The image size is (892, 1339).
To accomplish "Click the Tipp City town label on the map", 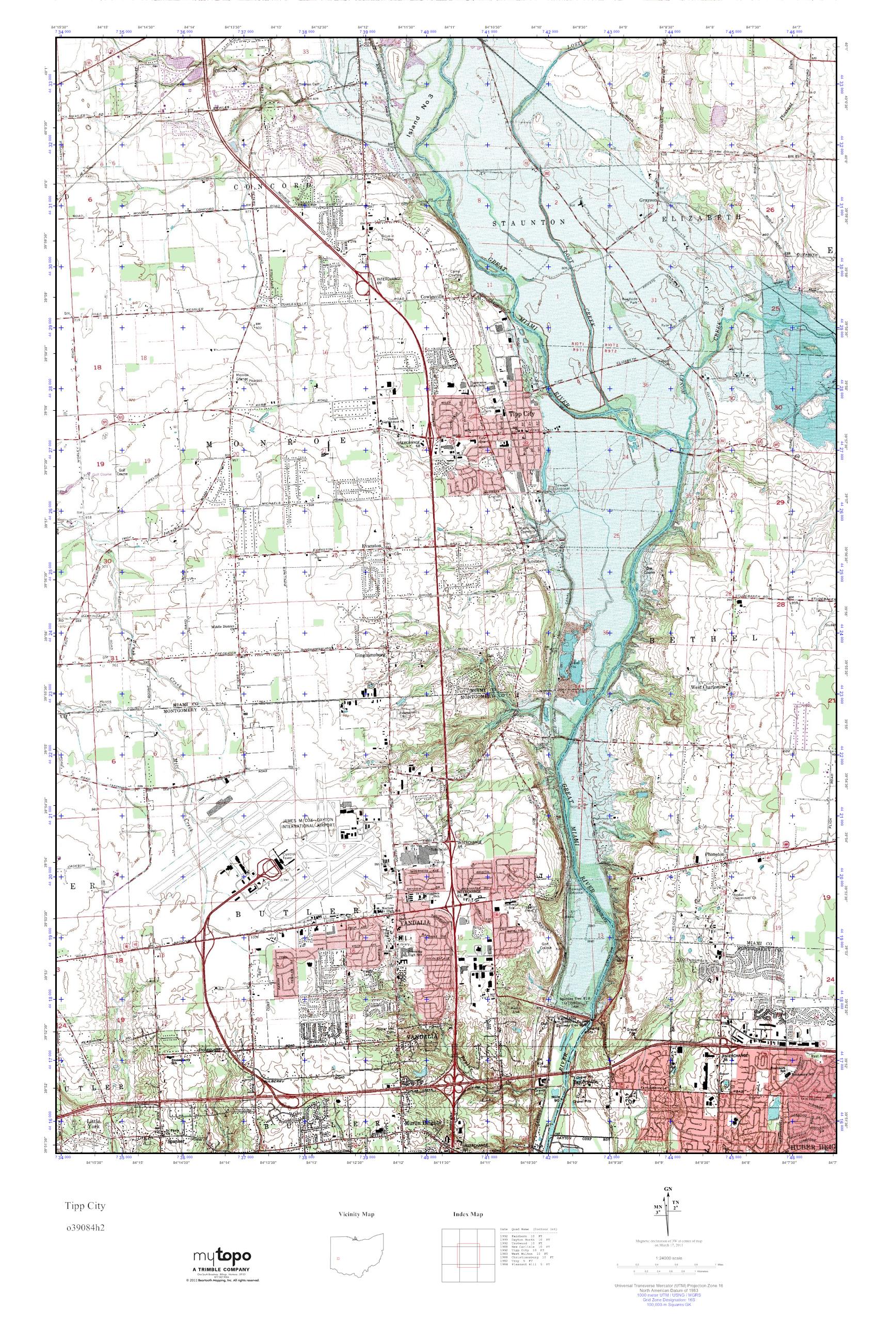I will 522,415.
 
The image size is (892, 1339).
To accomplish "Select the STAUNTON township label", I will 529,223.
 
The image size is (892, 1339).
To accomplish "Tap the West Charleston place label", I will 708,687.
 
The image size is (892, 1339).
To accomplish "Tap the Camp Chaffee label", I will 459,274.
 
